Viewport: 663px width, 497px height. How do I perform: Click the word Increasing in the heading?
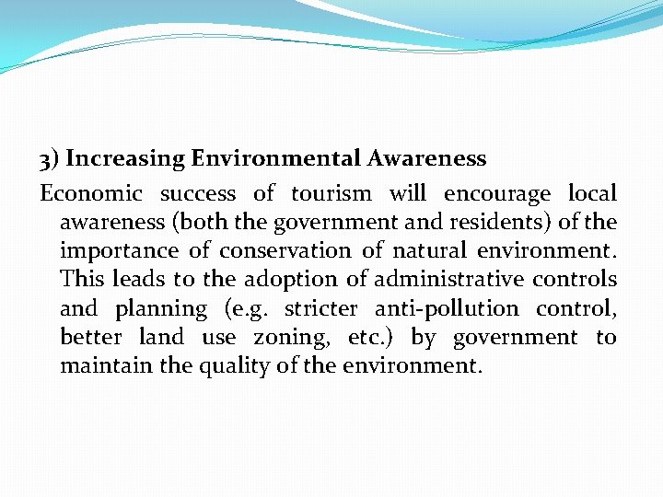[125, 159]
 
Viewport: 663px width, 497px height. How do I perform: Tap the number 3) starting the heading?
[49, 159]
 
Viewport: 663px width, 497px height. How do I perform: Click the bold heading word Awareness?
[426, 159]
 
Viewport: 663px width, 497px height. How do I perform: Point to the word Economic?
[91, 193]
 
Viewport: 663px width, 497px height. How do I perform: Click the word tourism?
[331, 193]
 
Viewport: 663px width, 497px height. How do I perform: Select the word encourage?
[497, 194]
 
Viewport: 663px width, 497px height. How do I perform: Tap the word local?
[592, 193]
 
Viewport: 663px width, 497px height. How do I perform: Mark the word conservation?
[285, 250]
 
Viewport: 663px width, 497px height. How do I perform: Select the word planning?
[162, 309]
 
